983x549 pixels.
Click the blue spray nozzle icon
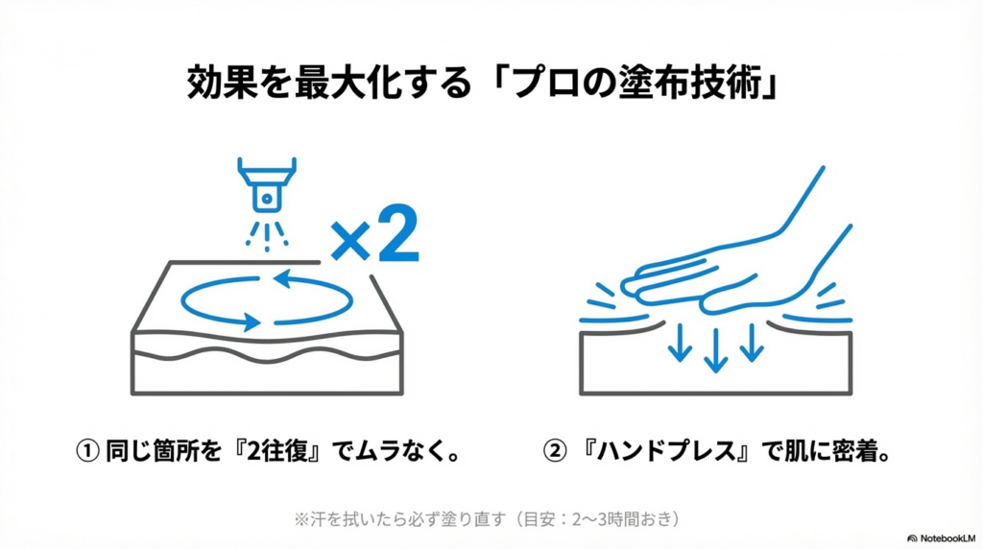267,185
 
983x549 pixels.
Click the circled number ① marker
87,450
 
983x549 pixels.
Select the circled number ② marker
554,450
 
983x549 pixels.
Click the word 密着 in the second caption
855,450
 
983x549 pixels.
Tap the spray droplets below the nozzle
267,236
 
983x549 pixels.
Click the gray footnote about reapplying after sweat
487,519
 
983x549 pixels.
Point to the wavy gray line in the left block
267,355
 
